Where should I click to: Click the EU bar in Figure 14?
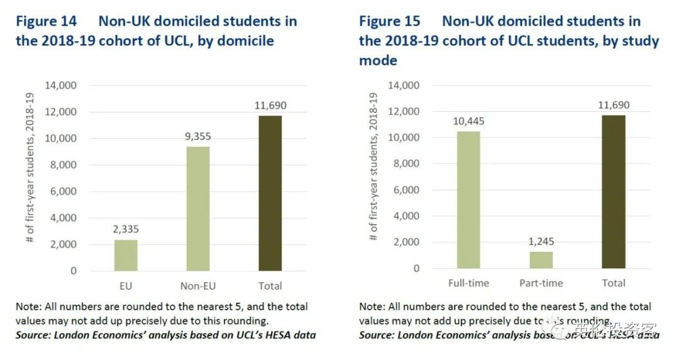126,255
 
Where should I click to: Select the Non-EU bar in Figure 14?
197,209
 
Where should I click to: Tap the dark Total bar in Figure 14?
270,193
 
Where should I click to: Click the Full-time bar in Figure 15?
468,200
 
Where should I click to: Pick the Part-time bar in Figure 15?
541,260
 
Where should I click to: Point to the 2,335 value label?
126,230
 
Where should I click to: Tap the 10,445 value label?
468,121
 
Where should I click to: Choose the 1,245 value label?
541,242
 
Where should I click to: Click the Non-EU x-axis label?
197,286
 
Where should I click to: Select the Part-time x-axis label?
541,283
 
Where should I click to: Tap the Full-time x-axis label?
468,283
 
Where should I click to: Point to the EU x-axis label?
126,286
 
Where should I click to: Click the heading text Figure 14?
47,21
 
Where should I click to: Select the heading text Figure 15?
390,21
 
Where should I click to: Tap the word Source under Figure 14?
33,335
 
